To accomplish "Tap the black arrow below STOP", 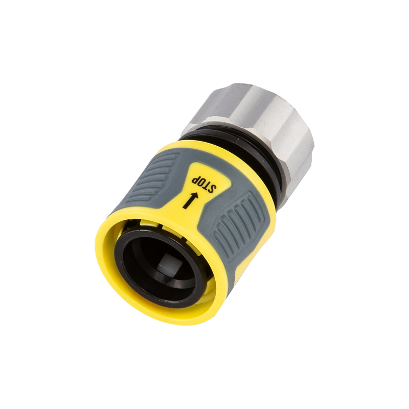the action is [x=190, y=200].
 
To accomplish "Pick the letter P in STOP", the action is [x=195, y=178].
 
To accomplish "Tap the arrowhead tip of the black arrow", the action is [x=197, y=193].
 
